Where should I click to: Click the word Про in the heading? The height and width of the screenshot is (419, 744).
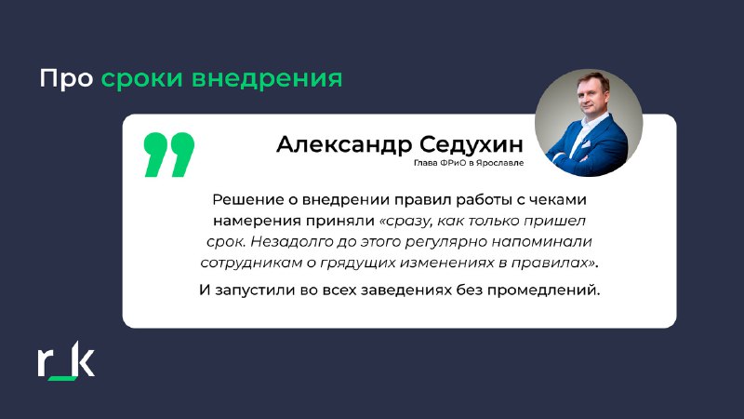pos(66,78)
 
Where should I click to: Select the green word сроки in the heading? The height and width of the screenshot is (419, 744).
pos(141,79)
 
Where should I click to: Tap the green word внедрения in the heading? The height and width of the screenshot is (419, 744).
pos(267,79)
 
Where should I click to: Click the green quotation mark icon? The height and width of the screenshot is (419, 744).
pos(169,155)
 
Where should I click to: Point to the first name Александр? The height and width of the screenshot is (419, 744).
pos(343,144)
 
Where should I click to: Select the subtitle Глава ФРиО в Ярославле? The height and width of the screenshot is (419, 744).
pos(469,162)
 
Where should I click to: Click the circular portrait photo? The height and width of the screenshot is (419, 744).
pos(589,123)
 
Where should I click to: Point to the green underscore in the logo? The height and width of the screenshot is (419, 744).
pos(62,378)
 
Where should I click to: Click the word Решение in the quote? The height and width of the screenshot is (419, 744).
pos(247,199)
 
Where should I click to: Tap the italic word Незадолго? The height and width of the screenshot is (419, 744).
pos(291,242)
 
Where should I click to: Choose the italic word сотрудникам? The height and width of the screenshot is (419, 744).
pos(250,264)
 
